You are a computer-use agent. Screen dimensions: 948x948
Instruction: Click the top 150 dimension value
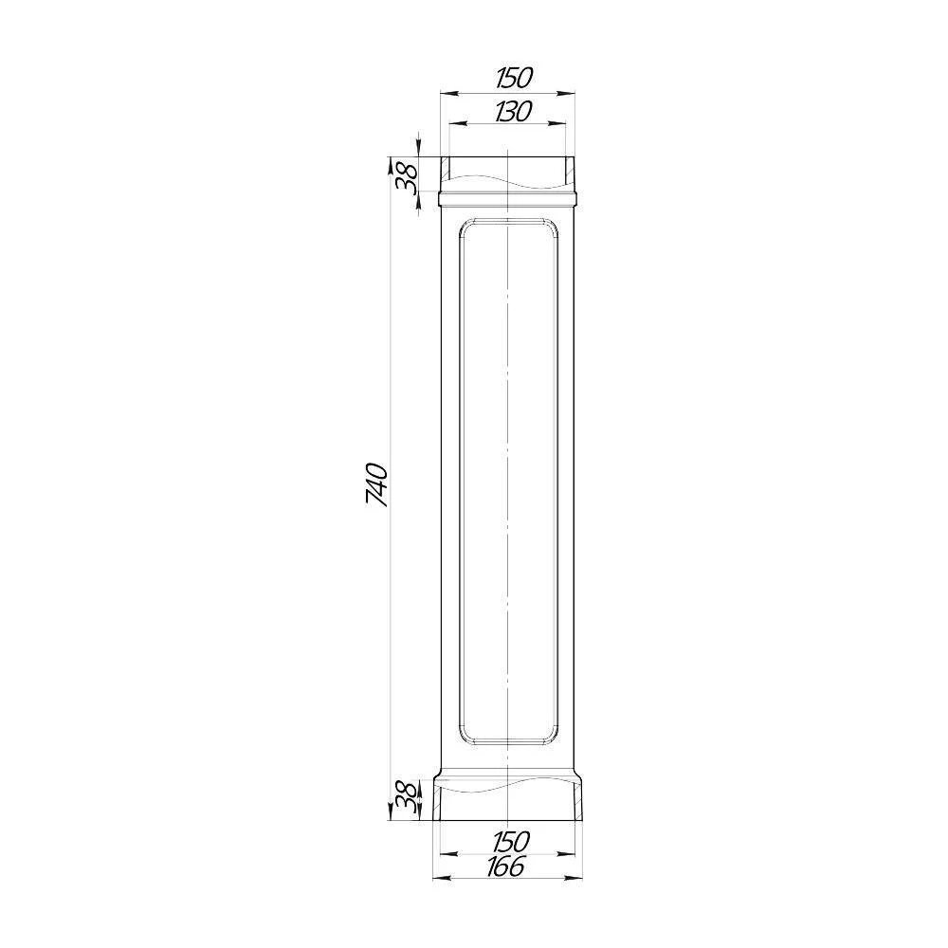tap(514, 78)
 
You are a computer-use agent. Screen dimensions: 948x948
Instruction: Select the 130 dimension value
tap(513, 111)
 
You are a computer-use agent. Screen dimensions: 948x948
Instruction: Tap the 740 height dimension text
tap(376, 484)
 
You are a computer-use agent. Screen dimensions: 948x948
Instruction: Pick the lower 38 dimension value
tap(405, 798)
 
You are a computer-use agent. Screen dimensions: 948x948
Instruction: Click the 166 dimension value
tap(505, 867)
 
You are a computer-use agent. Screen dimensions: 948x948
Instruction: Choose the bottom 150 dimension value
tap(511, 841)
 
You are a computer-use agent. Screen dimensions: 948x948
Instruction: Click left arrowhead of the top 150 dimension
tap(448, 93)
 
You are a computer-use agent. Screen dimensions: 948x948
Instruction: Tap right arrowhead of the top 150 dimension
tap(565, 93)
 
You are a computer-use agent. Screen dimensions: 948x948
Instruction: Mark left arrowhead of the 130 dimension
tap(458, 124)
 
